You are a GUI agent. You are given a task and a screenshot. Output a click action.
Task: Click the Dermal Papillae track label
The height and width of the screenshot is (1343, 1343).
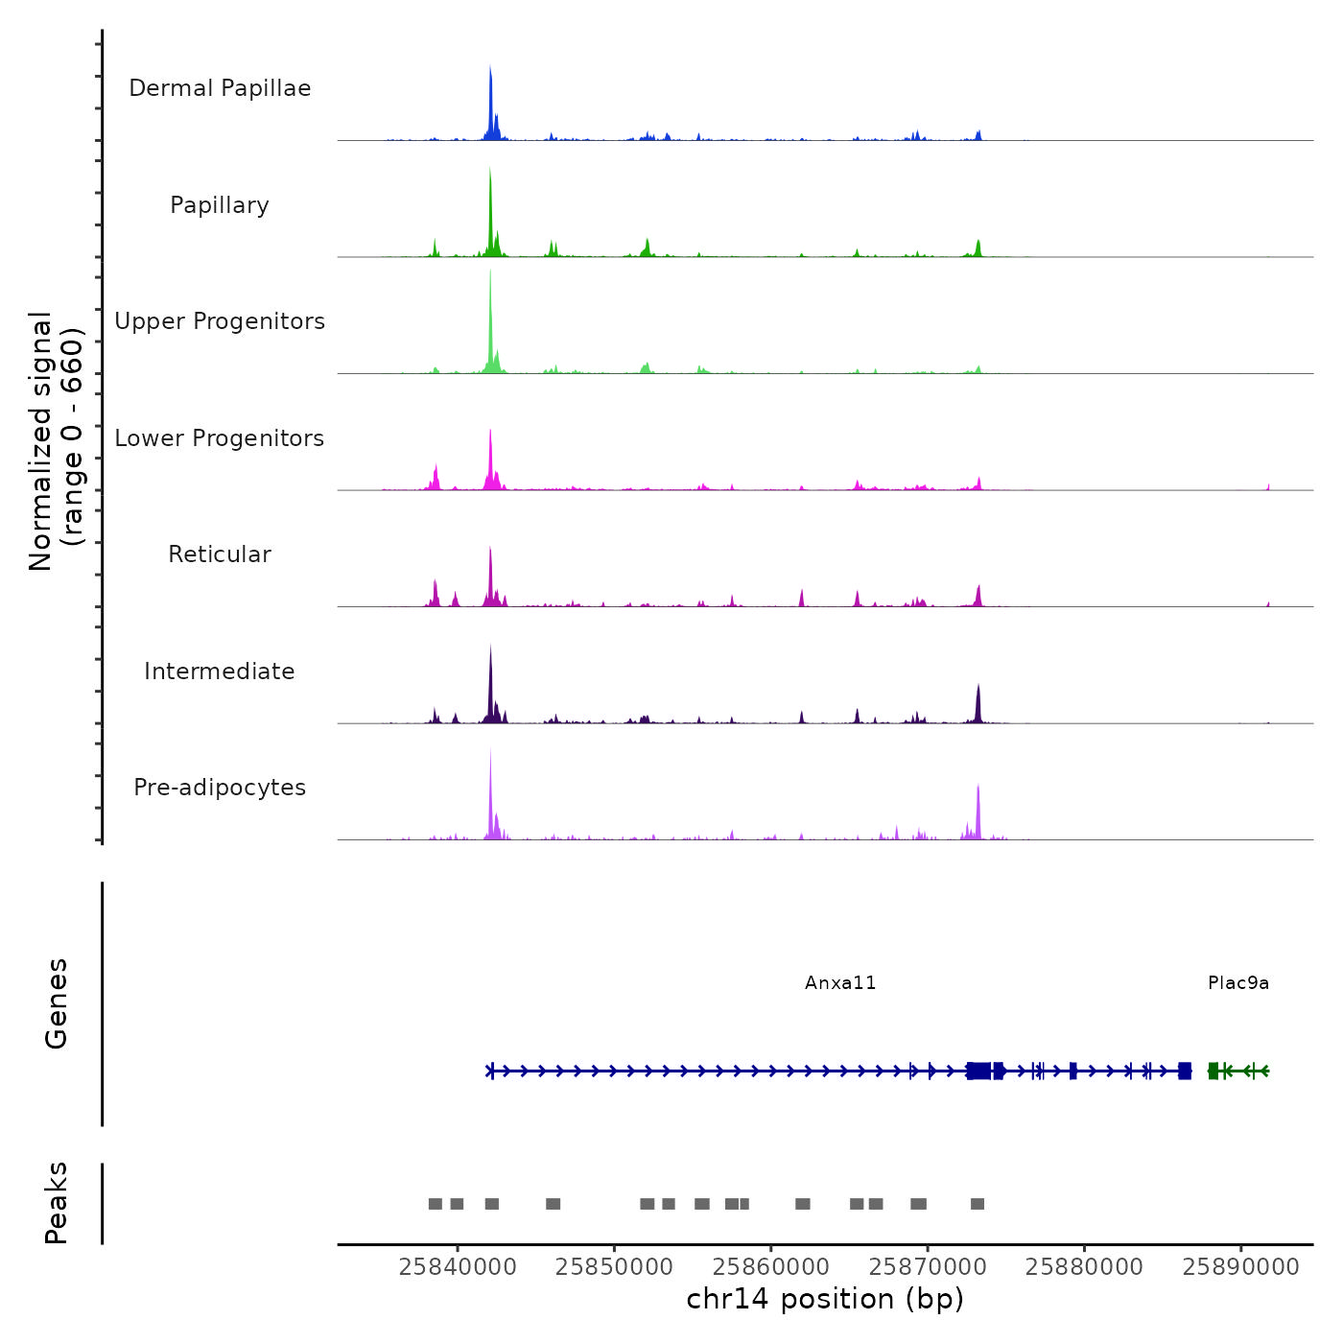pyautogui.click(x=220, y=88)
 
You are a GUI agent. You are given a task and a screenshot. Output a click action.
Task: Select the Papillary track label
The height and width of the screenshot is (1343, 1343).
pyautogui.click(x=220, y=205)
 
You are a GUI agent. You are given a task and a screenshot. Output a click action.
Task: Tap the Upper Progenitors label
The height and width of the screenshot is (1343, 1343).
pyautogui.click(x=220, y=321)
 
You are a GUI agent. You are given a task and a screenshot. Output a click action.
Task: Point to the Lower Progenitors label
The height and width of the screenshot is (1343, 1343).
pyautogui.click(x=220, y=438)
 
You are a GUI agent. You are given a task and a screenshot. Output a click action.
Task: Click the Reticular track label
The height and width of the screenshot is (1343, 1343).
pyautogui.click(x=220, y=554)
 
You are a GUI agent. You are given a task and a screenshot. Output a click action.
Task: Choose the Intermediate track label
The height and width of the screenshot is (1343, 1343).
pyautogui.click(x=220, y=671)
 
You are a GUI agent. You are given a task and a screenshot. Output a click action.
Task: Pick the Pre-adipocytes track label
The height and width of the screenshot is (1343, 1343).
pyautogui.click(x=220, y=788)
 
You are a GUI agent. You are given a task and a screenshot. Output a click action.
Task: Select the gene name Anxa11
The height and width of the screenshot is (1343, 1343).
pyautogui.click(x=840, y=983)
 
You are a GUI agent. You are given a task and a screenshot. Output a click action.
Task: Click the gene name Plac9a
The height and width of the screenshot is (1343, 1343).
pyautogui.click(x=1238, y=983)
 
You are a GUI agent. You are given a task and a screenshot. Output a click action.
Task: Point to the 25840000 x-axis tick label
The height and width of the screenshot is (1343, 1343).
pyautogui.click(x=458, y=1266)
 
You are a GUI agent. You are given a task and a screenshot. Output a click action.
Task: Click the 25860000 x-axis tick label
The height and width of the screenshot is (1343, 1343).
pyautogui.click(x=771, y=1266)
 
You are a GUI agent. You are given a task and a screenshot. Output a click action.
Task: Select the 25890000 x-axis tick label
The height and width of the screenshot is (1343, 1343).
pyautogui.click(x=1241, y=1266)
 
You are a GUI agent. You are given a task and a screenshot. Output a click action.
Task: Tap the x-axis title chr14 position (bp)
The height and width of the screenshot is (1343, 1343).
pyautogui.click(x=825, y=1299)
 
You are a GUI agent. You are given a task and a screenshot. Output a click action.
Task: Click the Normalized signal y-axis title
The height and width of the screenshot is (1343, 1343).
pyautogui.click(x=56, y=441)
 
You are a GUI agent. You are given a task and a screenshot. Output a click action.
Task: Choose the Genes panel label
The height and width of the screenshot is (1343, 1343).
pyautogui.click(x=57, y=1003)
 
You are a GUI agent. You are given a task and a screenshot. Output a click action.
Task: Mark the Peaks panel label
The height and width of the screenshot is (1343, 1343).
pyautogui.click(x=57, y=1203)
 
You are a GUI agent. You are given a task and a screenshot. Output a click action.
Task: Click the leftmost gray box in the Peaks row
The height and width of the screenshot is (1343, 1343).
pyautogui.click(x=436, y=1204)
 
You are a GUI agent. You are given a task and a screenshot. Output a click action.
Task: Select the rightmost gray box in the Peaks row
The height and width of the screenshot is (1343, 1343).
pyautogui.click(x=978, y=1204)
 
